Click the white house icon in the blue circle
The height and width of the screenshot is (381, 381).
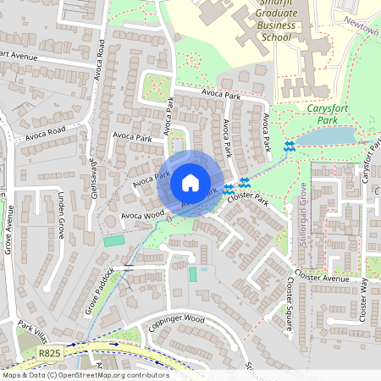(x=190, y=183)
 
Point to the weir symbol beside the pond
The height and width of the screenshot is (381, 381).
(x=290, y=146)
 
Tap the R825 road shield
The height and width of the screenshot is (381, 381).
(x=50, y=351)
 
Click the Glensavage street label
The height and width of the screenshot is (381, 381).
(x=93, y=179)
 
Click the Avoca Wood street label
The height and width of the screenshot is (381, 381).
(x=141, y=216)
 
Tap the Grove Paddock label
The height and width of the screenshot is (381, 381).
(x=100, y=293)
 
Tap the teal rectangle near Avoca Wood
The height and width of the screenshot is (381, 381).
(x=113, y=241)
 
